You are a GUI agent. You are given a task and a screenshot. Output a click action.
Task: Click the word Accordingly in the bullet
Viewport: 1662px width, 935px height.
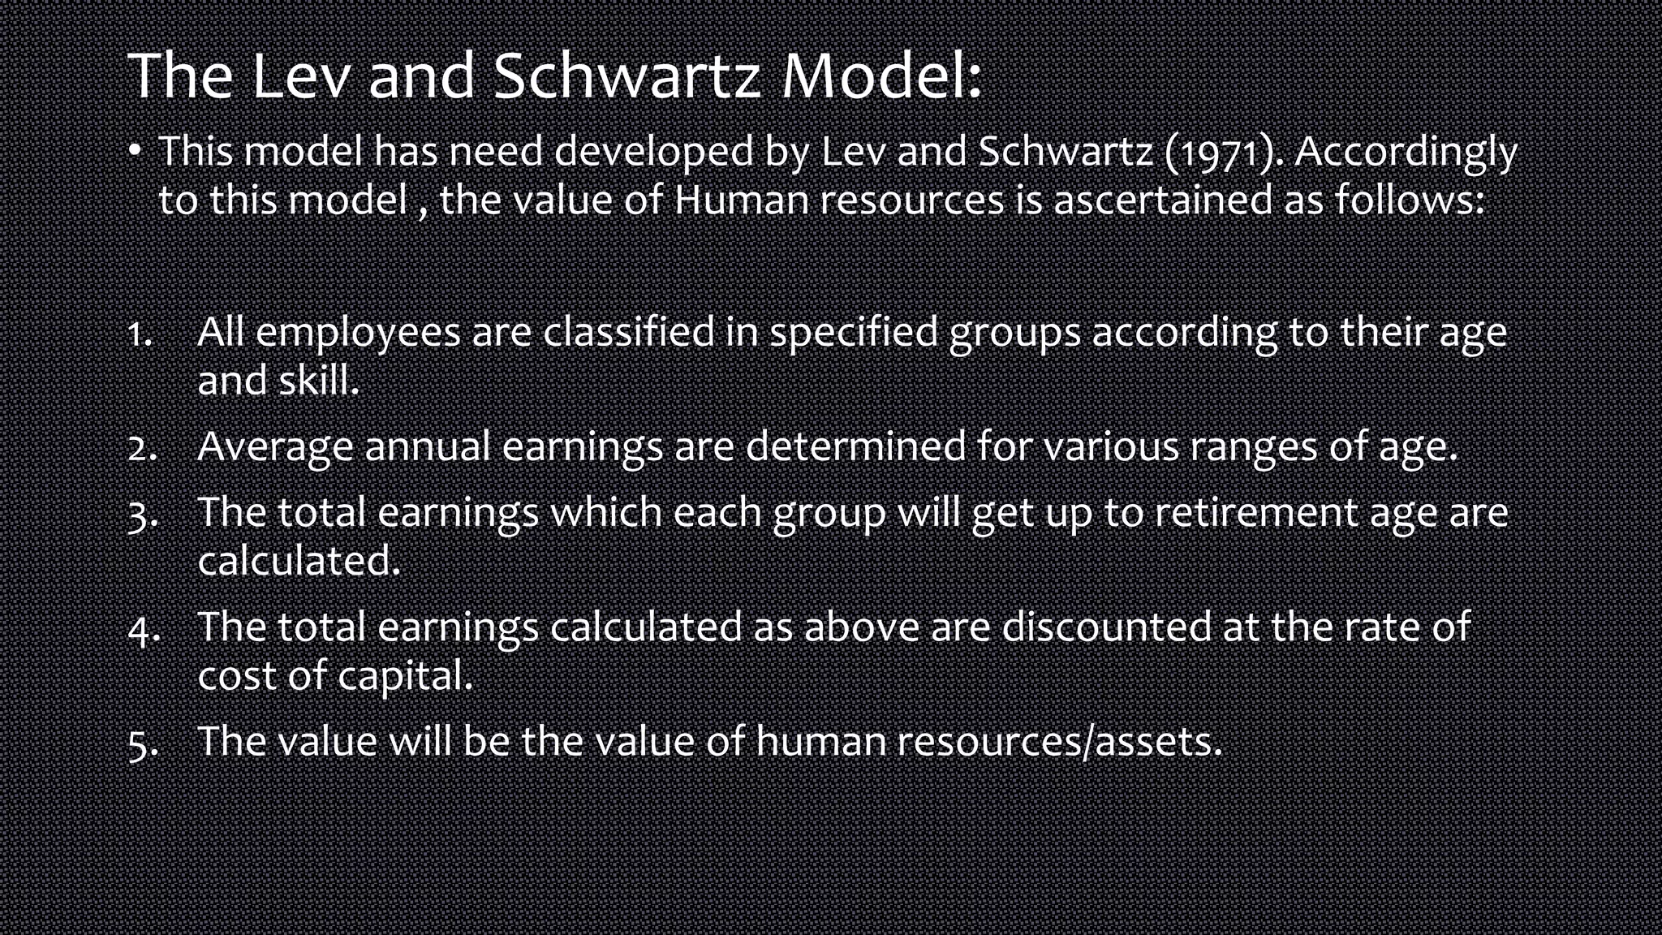(1406, 153)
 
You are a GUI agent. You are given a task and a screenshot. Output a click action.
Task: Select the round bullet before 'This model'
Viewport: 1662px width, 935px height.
(136, 151)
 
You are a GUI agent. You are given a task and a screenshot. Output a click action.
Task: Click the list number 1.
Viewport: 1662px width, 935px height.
(140, 334)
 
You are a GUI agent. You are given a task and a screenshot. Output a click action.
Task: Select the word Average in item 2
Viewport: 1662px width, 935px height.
(275, 446)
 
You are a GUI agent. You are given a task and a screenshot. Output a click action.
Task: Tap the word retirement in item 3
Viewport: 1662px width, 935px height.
(1256, 513)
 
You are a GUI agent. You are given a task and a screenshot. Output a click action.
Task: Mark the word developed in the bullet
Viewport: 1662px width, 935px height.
(653, 153)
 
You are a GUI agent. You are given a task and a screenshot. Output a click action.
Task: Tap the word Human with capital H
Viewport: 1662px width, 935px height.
(741, 200)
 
